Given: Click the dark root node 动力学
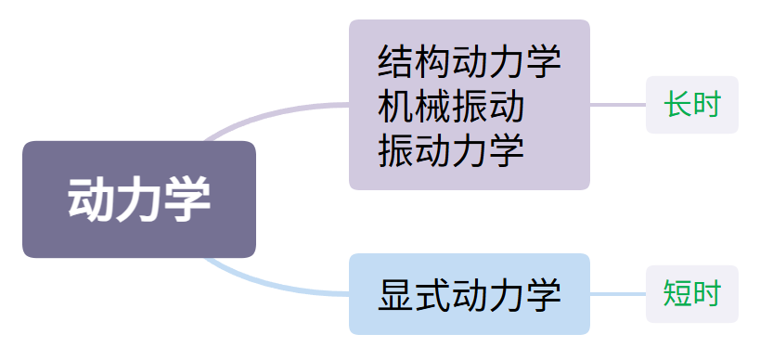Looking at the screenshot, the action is pyautogui.click(x=139, y=199).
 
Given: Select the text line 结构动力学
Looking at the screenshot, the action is pyautogui.click(x=470, y=61).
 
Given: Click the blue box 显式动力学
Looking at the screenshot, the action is pyautogui.click(x=470, y=293).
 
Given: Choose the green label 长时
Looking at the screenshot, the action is pyautogui.click(x=692, y=104).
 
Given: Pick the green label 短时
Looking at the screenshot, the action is pyautogui.click(x=692, y=293).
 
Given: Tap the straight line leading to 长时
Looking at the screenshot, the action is pyautogui.click(x=618, y=104).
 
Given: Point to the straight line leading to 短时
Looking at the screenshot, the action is pyautogui.click(x=618, y=293).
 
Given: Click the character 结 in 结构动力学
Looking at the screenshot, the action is pyautogui.click(x=395, y=61).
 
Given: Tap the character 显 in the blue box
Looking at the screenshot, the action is pyautogui.click(x=395, y=294).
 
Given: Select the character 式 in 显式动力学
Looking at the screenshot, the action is pyautogui.click(x=432, y=294).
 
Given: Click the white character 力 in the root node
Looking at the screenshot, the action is pyautogui.click(x=138, y=199).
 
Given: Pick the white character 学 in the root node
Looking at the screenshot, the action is pyautogui.click(x=187, y=199).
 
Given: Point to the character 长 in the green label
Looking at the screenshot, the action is pyautogui.click(x=677, y=104).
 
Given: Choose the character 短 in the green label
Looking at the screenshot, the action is pyautogui.click(x=677, y=293).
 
